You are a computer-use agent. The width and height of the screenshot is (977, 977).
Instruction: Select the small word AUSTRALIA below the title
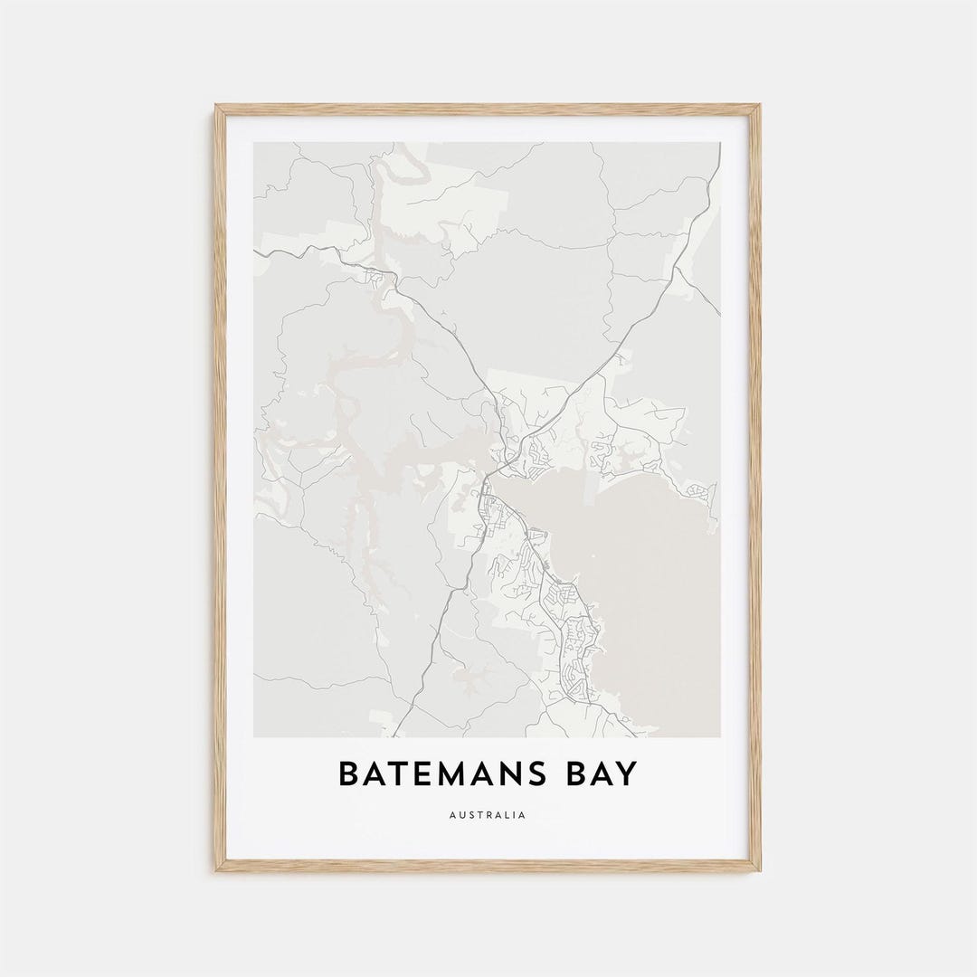click(488, 815)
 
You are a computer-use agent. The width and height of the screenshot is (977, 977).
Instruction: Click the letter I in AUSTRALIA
click(514, 815)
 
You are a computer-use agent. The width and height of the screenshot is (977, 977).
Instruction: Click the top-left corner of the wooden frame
click(217, 107)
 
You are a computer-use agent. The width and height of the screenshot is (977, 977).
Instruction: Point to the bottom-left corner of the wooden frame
click(217, 869)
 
